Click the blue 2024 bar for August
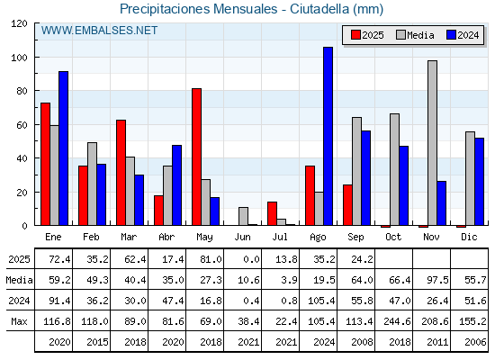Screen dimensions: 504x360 click(x=328, y=136)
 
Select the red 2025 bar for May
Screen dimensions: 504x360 click(x=197, y=157)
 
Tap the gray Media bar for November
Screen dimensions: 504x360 click(x=432, y=143)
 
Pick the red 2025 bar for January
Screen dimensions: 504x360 click(x=45, y=164)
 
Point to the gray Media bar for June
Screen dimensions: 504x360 click(x=243, y=216)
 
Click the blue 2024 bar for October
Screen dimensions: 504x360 click(x=404, y=185)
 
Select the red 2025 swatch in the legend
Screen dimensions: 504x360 click(x=355, y=35)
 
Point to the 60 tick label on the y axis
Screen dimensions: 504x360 click(x=22, y=125)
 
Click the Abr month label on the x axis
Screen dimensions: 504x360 click(x=166, y=238)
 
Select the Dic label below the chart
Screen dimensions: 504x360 click(x=469, y=238)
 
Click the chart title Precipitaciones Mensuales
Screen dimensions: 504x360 click(x=198, y=9)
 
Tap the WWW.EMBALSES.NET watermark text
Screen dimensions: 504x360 click(x=99, y=31)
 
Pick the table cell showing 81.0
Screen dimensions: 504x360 click(x=211, y=259)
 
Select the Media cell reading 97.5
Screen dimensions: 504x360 click(x=437, y=280)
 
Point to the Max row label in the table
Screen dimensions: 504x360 click(x=19, y=321)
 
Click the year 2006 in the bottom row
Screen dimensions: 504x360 click(x=475, y=342)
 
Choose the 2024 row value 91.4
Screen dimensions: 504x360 click(x=59, y=301)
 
